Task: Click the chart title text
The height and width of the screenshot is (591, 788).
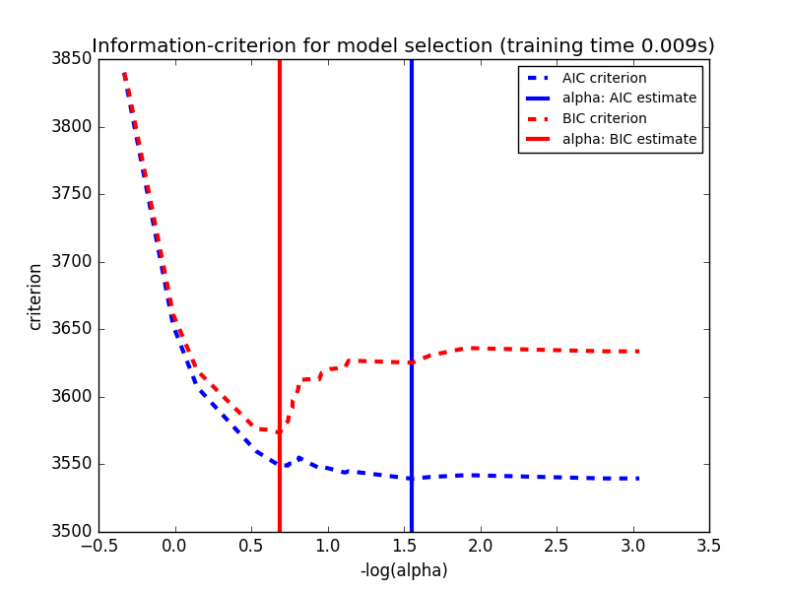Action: [x=403, y=45]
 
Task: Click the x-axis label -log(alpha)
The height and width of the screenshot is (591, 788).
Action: [x=404, y=570]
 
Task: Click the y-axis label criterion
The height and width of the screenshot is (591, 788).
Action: [x=35, y=295]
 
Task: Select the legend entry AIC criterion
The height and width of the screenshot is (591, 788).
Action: [x=604, y=78]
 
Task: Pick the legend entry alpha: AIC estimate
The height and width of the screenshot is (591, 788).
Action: [x=628, y=98]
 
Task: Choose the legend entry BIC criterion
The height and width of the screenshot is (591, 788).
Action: [x=604, y=118]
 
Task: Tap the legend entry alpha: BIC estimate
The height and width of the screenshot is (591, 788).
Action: [x=628, y=139]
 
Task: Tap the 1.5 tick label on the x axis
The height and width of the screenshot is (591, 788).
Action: [x=404, y=546]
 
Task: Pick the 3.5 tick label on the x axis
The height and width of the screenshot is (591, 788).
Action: [x=709, y=546]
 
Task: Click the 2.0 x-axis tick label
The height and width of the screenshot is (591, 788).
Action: [x=480, y=546]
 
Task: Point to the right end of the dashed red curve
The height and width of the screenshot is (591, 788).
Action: [x=638, y=352]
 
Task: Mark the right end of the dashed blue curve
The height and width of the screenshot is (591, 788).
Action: [x=638, y=479]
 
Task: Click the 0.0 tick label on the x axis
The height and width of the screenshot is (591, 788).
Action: [x=174, y=546]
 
